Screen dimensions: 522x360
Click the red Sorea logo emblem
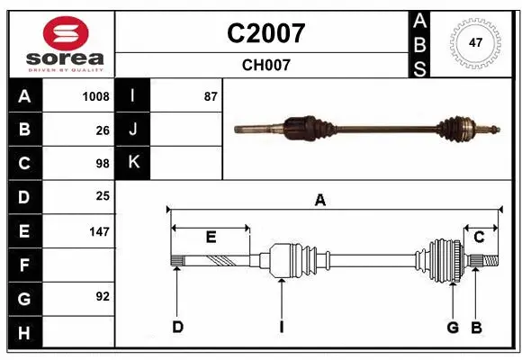pyautogui.click(x=66, y=33)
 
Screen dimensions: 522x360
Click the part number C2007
pyautogui.click(x=265, y=33)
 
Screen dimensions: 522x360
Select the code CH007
pyautogui.click(x=266, y=65)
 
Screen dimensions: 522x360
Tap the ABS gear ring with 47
pyautogui.click(x=475, y=43)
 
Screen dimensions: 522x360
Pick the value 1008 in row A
pyautogui.click(x=96, y=96)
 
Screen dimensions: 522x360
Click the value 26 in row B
pyautogui.click(x=103, y=130)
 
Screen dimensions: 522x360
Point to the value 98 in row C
pyautogui.click(x=103, y=164)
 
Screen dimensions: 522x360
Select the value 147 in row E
pyautogui.click(x=99, y=231)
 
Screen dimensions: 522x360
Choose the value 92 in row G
pyautogui.click(x=103, y=296)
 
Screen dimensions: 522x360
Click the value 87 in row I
pyautogui.click(x=211, y=96)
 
